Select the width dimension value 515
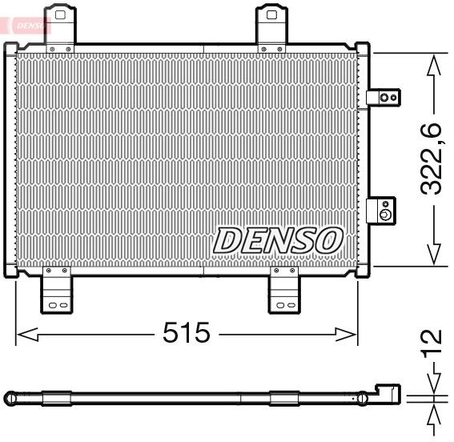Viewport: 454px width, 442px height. [186, 332]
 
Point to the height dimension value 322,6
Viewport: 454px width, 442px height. [433, 159]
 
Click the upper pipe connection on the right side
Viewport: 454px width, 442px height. [384, 98]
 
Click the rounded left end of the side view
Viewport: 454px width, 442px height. [10, 396]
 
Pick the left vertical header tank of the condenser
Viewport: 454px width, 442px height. [11, 160]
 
